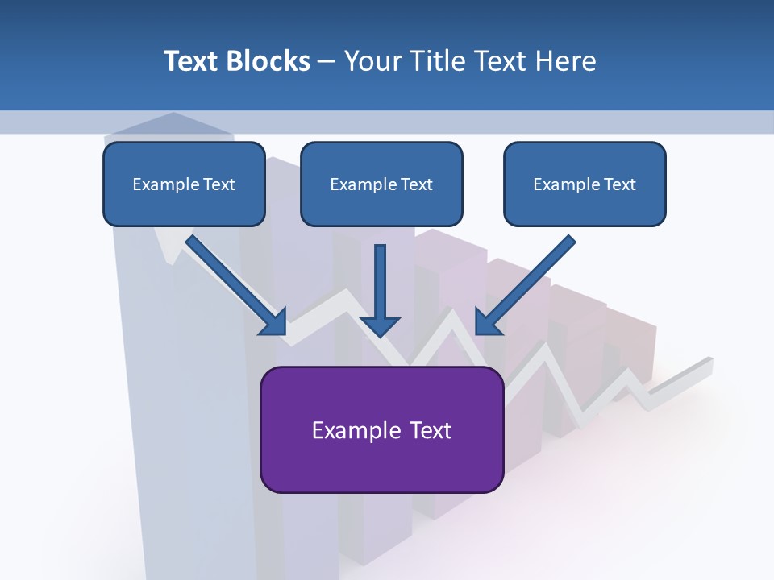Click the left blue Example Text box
tap(184, 184)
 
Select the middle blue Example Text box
tap(381, 184)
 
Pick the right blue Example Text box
tap(585, 184)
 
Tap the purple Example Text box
tap(381, 429)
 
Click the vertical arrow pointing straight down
tap(380, 282)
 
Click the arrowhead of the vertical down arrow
tap(380, 326)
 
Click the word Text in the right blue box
tap(620, 184)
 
